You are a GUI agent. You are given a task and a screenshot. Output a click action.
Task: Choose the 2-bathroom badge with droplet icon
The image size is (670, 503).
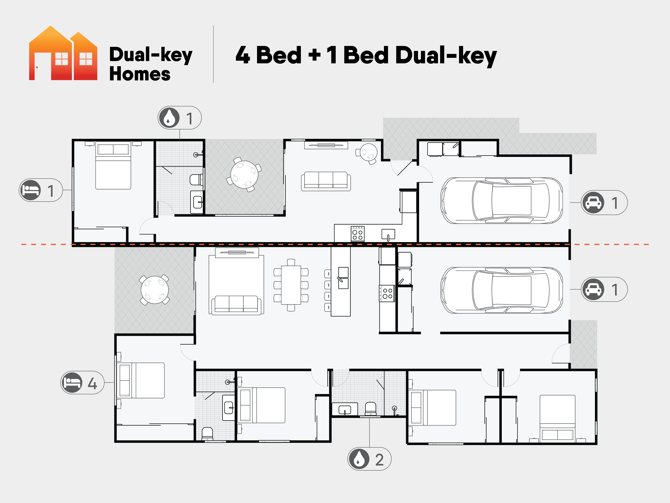pyautogui.click(x=369, y=459)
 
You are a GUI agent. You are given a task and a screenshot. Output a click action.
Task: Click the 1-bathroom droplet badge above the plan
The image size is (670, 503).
pyautogui.click(x=180, y=118)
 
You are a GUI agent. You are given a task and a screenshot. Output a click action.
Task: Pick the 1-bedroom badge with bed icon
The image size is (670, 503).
pyautogui.click(x=41, y=190)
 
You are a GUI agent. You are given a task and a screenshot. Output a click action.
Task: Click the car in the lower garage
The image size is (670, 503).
pyautogui.click(x=502, y=290)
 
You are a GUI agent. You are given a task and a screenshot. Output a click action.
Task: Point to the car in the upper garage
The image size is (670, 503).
pyautogui.click(x=502, y=201)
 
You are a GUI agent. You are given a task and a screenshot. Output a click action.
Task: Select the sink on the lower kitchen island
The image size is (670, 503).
pyautogui.click(x=343, y=278)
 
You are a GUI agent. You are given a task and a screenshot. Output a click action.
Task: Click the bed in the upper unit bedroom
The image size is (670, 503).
pyautogui.click(x=113, y=166)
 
